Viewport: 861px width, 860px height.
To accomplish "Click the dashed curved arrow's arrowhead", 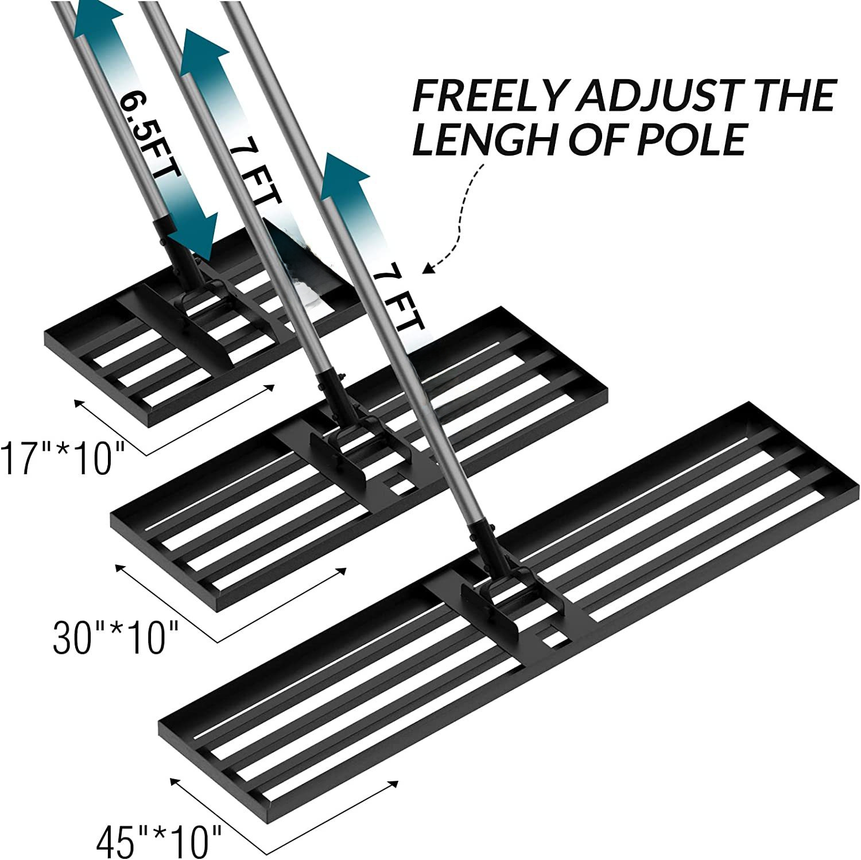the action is [x=429, y=268].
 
